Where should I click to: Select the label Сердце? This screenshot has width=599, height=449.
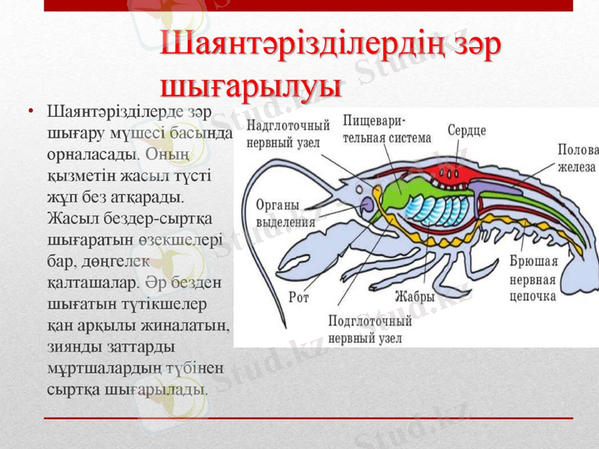point(467,130)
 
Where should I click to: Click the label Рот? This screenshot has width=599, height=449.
point(299,297)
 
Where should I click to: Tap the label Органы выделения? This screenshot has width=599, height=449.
point(278,213)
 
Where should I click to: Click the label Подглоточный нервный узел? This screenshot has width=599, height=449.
point(370,329)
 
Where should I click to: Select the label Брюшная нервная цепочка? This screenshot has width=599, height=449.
point(534,279)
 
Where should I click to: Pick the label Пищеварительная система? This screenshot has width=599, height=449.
point(386,129)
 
